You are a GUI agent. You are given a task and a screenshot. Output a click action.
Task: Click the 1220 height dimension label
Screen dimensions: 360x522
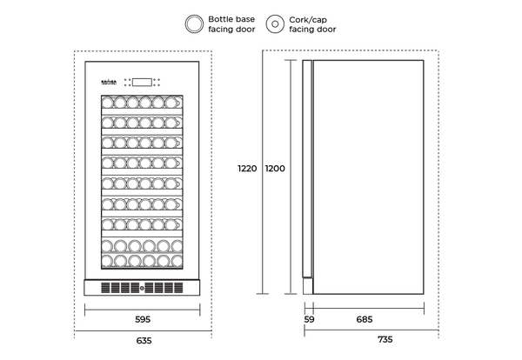(246, 169)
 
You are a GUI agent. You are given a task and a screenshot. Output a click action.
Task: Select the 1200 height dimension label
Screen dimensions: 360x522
(276, 169)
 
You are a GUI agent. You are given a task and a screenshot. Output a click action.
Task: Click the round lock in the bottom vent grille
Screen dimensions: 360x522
(144, 287)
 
